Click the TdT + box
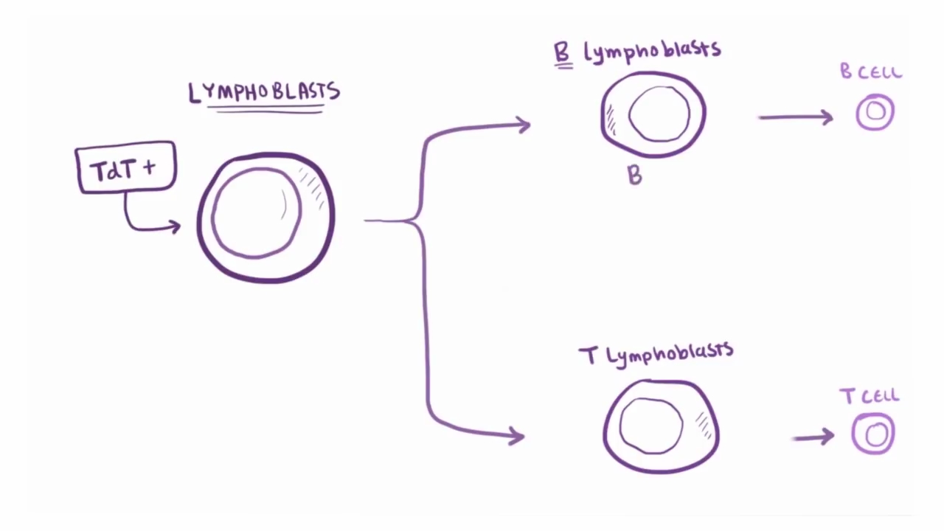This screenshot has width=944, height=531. click(x=125, y=168)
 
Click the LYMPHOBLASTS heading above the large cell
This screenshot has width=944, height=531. click(x=264, y=93)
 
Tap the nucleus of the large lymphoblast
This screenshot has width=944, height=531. click(x=256, y=212)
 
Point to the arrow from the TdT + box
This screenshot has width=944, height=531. click(x=147, y=221)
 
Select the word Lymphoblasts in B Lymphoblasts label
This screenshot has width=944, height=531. click(x=652, y=51)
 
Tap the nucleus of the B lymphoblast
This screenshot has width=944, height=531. click(x=659, y=114)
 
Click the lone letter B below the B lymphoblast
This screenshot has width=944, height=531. click(x=634, y=175)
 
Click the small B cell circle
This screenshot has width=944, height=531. click(x=875, y=112)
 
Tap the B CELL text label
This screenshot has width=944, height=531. click(x=871, y=72)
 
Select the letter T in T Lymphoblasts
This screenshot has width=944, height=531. click(x=588, y=357)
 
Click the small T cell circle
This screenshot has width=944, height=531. click(x=875, y=434)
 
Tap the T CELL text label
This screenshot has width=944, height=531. click(x=870, y=396)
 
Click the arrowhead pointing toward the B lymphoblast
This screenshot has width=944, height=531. click(x=523, y=125)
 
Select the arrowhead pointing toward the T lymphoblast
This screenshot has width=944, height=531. click(x=517, y=436)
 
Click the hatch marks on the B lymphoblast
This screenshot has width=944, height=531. click(x=610, y=119)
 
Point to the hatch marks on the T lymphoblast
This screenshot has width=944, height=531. click(x=703, y=423)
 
